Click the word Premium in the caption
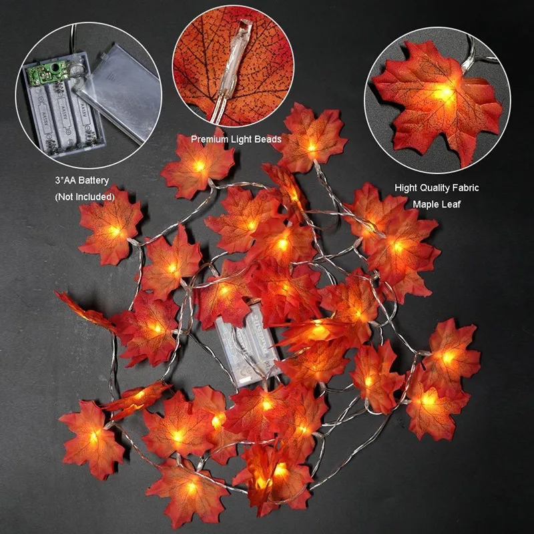point(208,140)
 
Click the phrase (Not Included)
point(85,197)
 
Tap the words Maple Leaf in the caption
point(437,204)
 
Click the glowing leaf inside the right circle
point(437,100)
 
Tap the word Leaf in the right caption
point(451,204)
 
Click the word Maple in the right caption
point(426,204)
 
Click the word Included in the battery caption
point(95,197)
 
